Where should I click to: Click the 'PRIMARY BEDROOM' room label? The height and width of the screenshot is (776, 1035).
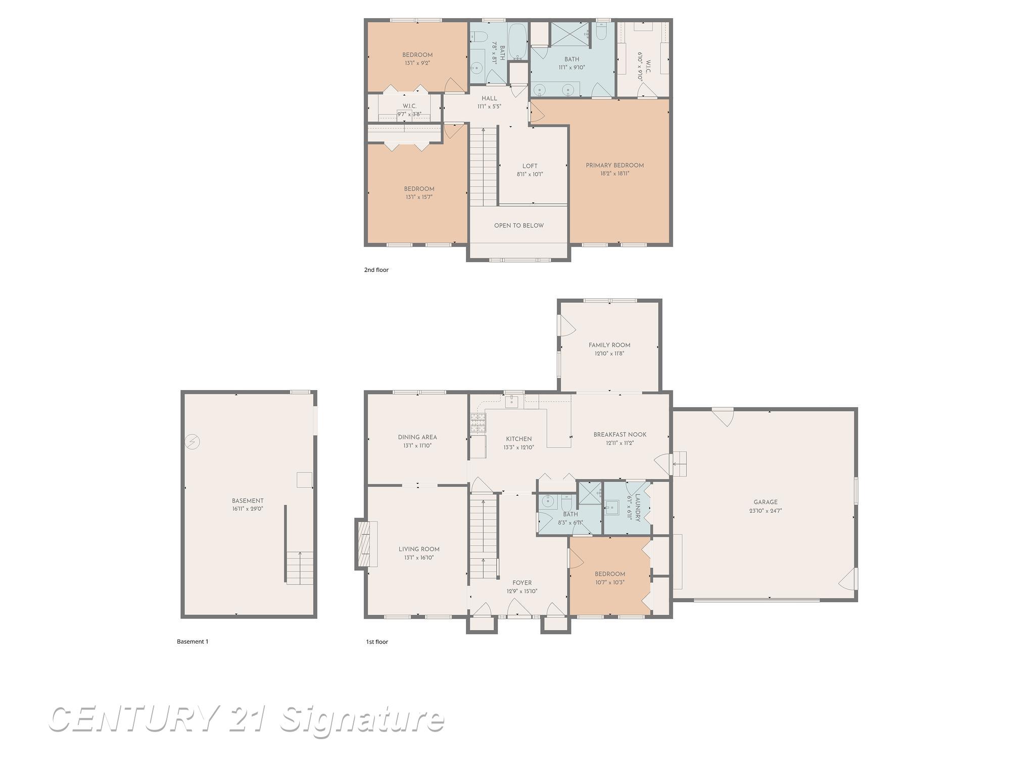(x=615, y=165)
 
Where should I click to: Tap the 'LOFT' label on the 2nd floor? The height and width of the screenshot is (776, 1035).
(x=530, y=166)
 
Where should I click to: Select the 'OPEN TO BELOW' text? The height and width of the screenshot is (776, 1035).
(x=519, y=226)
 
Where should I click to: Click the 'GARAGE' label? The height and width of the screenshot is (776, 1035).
(x=765, y=502)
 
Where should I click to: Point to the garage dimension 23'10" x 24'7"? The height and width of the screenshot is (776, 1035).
(x=765, y=511)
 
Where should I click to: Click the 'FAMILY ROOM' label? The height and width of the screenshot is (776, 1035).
(x=609, y=346)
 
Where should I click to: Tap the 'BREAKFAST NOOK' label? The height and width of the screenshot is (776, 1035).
(x=620, y=434)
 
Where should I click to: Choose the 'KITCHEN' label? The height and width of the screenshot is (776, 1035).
(x=519, y=439)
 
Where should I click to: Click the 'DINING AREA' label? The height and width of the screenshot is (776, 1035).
(x=417, y=438)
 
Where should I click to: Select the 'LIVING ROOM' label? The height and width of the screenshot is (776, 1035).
(x=419, y=549)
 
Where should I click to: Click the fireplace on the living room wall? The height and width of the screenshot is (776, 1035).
(x=365, y=545)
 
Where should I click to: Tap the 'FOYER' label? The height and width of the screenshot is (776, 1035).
(x=522, y=583)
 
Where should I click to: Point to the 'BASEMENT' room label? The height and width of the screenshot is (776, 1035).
(x=248, y=501)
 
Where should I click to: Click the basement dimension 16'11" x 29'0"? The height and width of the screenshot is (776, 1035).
(x=248, y=509)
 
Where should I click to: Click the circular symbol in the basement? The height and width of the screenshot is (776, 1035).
(x=192, y=442)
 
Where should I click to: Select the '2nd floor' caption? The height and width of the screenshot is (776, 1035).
(x=376, y=270)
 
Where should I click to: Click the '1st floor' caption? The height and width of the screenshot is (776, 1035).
(x=377, y=642)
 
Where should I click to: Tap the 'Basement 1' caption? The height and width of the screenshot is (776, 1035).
(x=193, y=642)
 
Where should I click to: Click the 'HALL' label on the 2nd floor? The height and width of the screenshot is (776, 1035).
(x=489, y=99)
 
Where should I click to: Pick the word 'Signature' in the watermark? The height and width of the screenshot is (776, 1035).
(x=361, y=720)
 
